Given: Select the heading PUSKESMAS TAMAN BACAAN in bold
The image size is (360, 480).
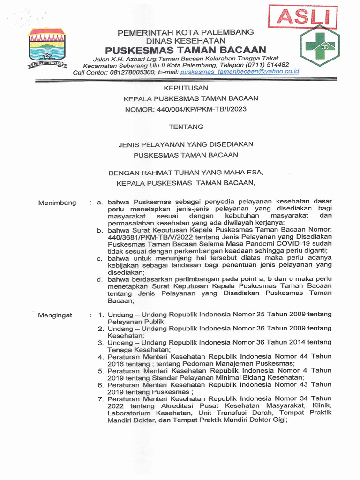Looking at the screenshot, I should (185, 50).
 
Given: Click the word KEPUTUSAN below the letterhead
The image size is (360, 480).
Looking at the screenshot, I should (185, 88).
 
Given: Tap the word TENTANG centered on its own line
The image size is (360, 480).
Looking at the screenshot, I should (186, 127).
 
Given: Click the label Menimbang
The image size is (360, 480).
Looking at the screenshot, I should (57, 202).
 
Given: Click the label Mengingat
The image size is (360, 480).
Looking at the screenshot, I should (55, 315).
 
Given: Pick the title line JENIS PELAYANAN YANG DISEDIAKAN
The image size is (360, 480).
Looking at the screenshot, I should (186, 144).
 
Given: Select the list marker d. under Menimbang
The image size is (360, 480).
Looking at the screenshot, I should (100, 279).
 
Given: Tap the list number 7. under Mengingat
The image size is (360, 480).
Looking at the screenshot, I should (100, 398).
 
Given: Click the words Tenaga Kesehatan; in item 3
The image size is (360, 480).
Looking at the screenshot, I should (139, 349).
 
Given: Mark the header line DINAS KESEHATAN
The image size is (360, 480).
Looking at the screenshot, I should (185, 41).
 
